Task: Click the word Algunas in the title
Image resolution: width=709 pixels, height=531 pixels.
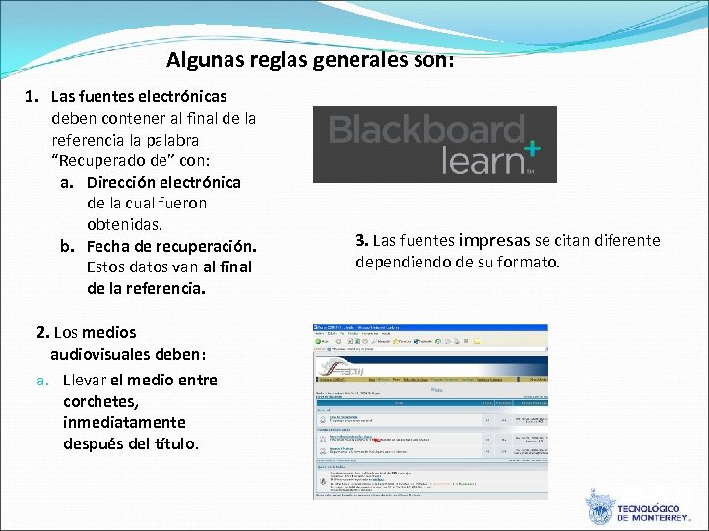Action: [200, 61]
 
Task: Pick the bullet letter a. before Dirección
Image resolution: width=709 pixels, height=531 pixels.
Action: [68, 182]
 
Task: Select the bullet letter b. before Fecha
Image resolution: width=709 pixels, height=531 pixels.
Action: [68, 246]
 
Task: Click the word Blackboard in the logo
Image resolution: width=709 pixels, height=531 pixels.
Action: [426, 130]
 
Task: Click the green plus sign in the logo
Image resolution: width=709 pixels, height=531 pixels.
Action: [532, 148]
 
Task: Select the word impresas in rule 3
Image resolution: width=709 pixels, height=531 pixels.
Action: [493, 241]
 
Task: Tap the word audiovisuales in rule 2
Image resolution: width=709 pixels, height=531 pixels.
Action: [107, 354]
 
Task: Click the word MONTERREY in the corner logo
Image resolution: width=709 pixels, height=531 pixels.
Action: [662, 517]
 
